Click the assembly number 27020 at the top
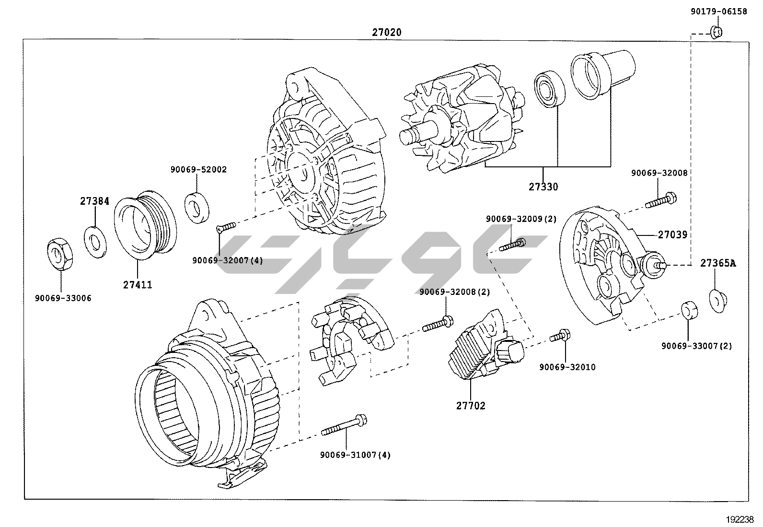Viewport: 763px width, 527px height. [x=387, y=33]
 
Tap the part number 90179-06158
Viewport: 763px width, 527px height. [x=719, y=12]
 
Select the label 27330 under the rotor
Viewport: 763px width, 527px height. [x=543, y=187]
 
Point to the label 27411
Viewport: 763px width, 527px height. [x=138, y=285]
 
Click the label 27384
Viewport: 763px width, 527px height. [x=95, y=201]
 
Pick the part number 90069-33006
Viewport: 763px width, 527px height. [x=63, y=298]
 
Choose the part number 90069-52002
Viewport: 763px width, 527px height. [x=198, y=169]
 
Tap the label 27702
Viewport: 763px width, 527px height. [x=471, y=406]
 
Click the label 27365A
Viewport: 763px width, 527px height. [x=718, y=263]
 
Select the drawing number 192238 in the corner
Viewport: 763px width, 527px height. [x=740, y=519]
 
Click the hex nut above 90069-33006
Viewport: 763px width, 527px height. [x=60, y=254]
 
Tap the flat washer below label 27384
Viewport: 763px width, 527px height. [x=95, y=242]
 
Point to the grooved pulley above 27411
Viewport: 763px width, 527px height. [x=145, y=225]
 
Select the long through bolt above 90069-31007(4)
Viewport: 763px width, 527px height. [x=344, y=426]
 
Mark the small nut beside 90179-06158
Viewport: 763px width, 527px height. [x=716, y=32]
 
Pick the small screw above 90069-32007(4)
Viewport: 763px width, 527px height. [x=226, y=227]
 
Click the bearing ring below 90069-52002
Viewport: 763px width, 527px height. [x=197, y=208]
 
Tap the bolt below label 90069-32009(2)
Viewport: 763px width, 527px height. [x=512, y=245]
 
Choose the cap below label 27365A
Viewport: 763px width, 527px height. [x=718, y=301]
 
